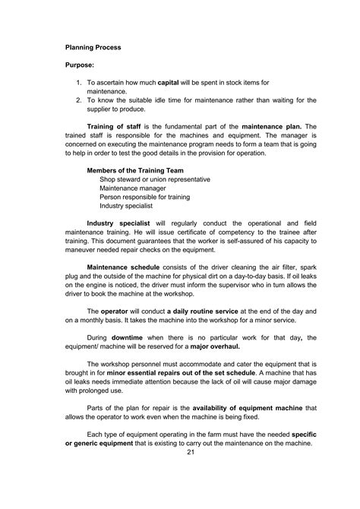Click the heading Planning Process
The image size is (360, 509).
93,47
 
